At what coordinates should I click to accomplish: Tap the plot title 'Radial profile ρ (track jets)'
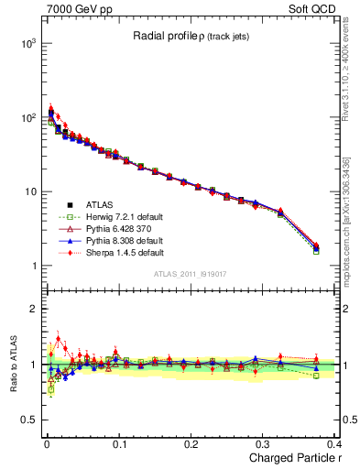191,36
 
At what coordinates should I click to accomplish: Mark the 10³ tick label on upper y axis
27,44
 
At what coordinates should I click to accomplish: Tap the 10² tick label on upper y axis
27,118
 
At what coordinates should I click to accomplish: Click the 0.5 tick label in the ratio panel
26,420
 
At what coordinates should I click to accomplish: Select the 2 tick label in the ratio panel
32,309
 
